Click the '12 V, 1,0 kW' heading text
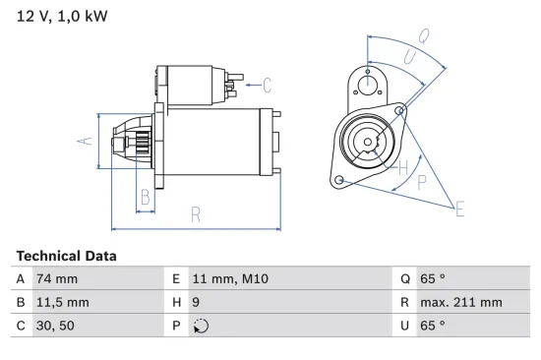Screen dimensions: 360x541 pos(61,16)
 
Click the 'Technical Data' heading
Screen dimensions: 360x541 pos(66,256)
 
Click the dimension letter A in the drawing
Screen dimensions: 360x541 pos(86,141)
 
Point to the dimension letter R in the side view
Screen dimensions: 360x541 pos(196,212)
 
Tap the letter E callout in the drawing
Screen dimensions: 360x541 pos(458,207)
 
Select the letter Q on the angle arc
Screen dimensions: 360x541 pos(423,36)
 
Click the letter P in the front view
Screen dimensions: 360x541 pos(422,181)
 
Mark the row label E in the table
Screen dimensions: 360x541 pos(175,279)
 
